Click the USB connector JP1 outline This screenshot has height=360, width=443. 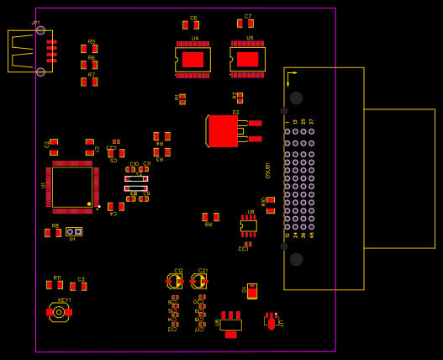point(29,51)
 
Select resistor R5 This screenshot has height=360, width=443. point(89,49)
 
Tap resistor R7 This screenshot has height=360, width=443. point(89,82)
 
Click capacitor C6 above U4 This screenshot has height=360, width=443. point(191,25)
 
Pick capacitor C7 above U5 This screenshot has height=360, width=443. point(245,24)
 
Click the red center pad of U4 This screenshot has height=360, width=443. point(193,60)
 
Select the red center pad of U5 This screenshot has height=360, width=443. point(247,60)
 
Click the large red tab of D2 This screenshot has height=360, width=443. point(224,131)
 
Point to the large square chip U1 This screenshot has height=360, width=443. point(72,187)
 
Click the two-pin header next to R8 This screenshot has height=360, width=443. point(74,231)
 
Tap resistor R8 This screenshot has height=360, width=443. point(53,232)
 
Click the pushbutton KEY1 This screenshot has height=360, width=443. point(59,312)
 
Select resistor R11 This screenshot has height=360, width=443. point(55,285)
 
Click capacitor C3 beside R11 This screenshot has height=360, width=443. point(78,286)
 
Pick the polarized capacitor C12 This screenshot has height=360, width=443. point(175,281)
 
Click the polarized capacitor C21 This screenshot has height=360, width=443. point(199,281)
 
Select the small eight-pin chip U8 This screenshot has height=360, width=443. point(248,225)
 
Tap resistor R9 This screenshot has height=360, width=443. point(210,217)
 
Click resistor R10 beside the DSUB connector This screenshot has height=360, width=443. point(271,204)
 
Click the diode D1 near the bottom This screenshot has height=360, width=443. point(252,291)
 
